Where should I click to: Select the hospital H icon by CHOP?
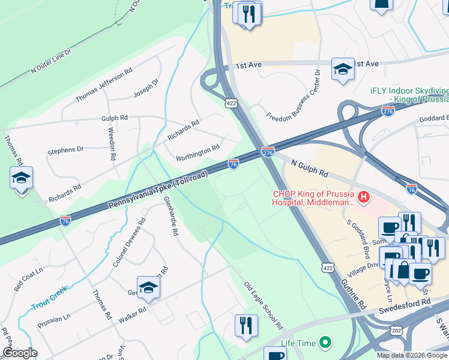pyautogui.click(x=363, y=196)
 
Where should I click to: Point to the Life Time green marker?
pyautogui.click(x=325, y=343)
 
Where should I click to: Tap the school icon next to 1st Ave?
pyautogui.click(x=343, y=69)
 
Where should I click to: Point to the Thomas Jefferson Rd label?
pyautogui.click(x=103, y=85)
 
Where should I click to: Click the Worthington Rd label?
pyautogui.click(x=197, y=153)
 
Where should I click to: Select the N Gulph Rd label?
pyautogui.click(x=310, y=168)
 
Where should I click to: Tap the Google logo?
pyautogui.click(x=19, y=353)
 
